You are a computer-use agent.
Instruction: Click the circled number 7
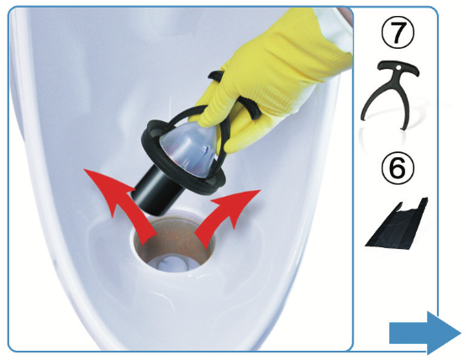click(x=398, y=32)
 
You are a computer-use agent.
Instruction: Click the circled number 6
click(x=398, y=168)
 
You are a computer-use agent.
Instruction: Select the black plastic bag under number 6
click(x=398, y=226)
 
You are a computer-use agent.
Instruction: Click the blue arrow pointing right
click(x=424, y=333)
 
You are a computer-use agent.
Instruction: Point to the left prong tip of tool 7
click(x=363, y=119)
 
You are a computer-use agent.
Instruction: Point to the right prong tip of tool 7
click(x=403, y=128)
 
